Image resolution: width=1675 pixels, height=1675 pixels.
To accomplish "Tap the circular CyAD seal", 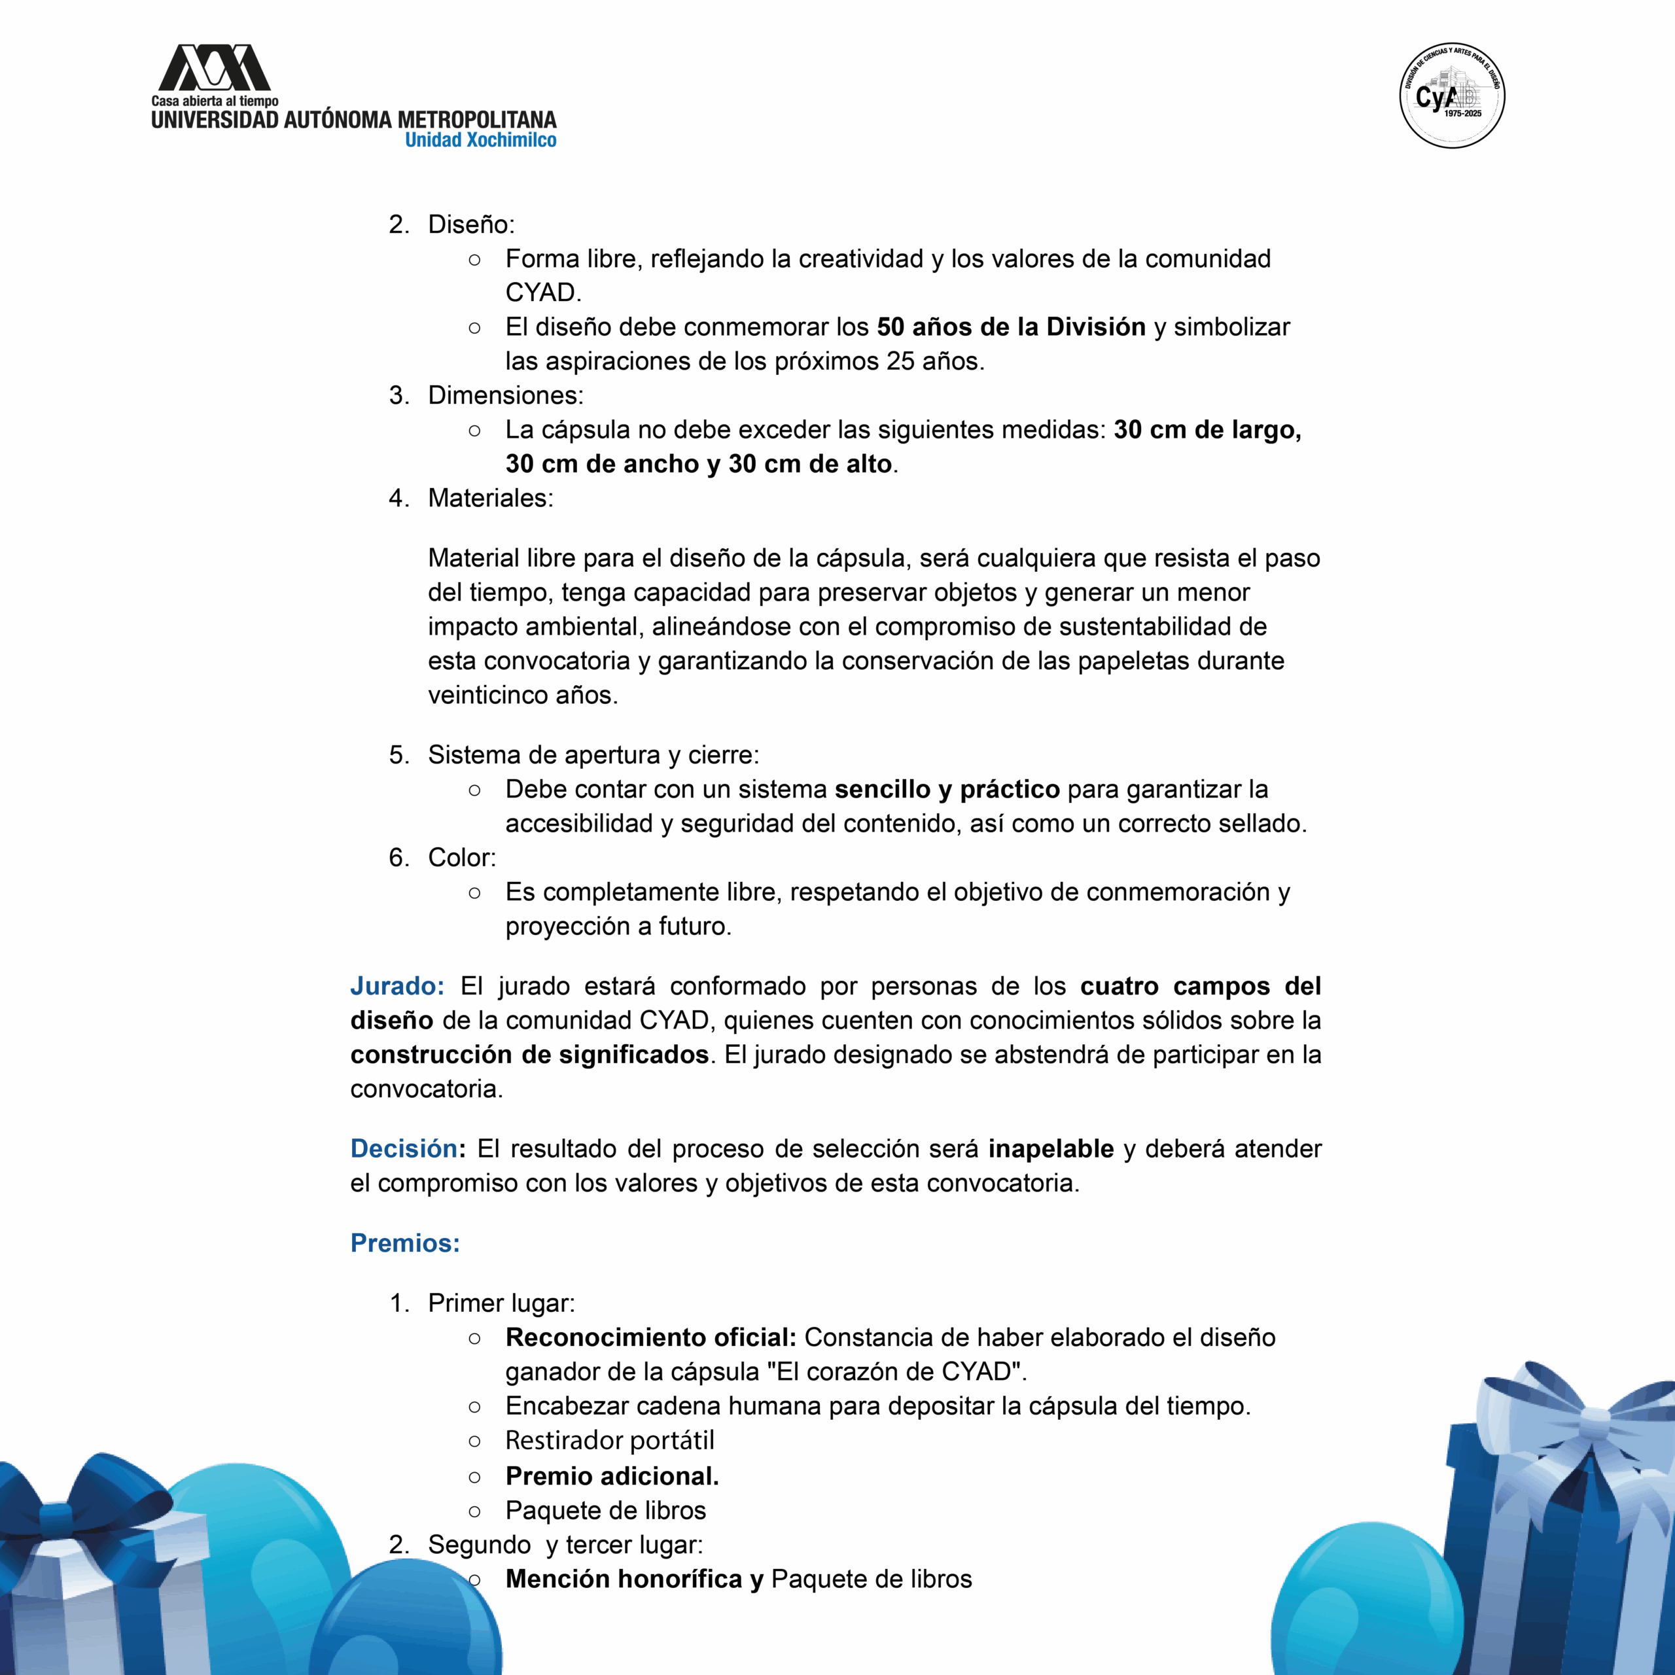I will [x=1452, y=96].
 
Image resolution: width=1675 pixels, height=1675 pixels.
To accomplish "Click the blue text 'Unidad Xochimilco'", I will [x=480, y=141].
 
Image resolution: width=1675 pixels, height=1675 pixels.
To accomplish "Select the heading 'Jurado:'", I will [x=397, y=986].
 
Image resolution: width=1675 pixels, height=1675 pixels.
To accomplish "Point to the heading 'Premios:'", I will [x=405, y=1243].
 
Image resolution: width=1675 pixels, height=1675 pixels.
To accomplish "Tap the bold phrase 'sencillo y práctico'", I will [x=947, y=789].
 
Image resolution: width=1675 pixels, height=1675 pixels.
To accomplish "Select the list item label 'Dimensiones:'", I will [x=506, y=395].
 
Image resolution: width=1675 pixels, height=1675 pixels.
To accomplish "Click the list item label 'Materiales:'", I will [x=490, y=498].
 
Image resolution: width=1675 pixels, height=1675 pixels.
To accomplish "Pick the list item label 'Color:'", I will [x=462, y=857].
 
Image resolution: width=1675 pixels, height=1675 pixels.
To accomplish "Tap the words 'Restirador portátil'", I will [x=610, y=1440].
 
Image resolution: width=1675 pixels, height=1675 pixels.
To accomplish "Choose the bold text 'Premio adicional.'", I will [x=612, y=1475].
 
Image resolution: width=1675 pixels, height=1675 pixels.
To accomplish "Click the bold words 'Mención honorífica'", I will [x=624, y=1579].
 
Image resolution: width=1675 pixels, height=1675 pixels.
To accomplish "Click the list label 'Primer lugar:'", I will [x=501, y=1303].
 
